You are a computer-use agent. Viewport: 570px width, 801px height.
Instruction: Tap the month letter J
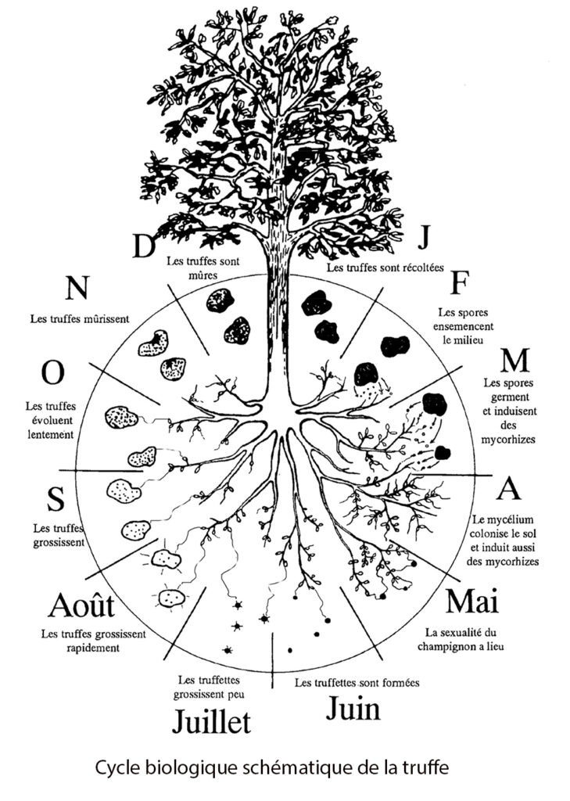pos(425,236)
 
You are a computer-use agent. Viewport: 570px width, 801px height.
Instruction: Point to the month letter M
pos(515,361)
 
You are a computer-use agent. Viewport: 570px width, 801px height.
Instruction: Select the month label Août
pos(81,605)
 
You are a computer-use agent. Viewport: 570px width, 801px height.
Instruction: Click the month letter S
pos(56,497)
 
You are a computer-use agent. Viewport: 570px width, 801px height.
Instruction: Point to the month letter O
pos(52,373)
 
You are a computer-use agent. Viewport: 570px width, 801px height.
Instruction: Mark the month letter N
pos(76,289)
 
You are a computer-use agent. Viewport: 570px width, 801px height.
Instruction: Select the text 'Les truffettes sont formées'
pos(357,683)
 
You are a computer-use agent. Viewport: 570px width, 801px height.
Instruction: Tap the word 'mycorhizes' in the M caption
pos(509,440)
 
